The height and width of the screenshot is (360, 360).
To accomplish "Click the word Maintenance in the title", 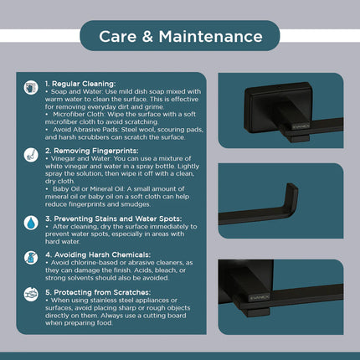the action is point(210,37).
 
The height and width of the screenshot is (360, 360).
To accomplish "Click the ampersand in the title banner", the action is point(147,37).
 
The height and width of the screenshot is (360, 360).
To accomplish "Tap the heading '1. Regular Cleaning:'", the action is point(80,84).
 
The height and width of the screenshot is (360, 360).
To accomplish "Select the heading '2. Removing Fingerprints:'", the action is point(91,151).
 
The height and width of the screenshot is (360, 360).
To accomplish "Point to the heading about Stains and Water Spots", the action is point(113,219).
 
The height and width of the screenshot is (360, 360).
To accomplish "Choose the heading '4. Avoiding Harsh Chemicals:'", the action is point(98,255).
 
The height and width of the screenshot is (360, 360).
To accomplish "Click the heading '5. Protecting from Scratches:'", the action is point(98,292).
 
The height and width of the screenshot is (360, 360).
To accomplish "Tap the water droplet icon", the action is point(31,223).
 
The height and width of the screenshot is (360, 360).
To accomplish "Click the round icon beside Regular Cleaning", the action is point(31,88).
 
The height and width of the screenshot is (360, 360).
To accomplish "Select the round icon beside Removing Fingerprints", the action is point(31,155).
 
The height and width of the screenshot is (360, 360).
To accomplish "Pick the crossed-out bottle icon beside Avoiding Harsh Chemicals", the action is point(31,258).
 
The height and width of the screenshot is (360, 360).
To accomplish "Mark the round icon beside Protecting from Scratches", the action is point(31,295).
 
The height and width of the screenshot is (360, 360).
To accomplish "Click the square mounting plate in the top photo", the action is point(278,106).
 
